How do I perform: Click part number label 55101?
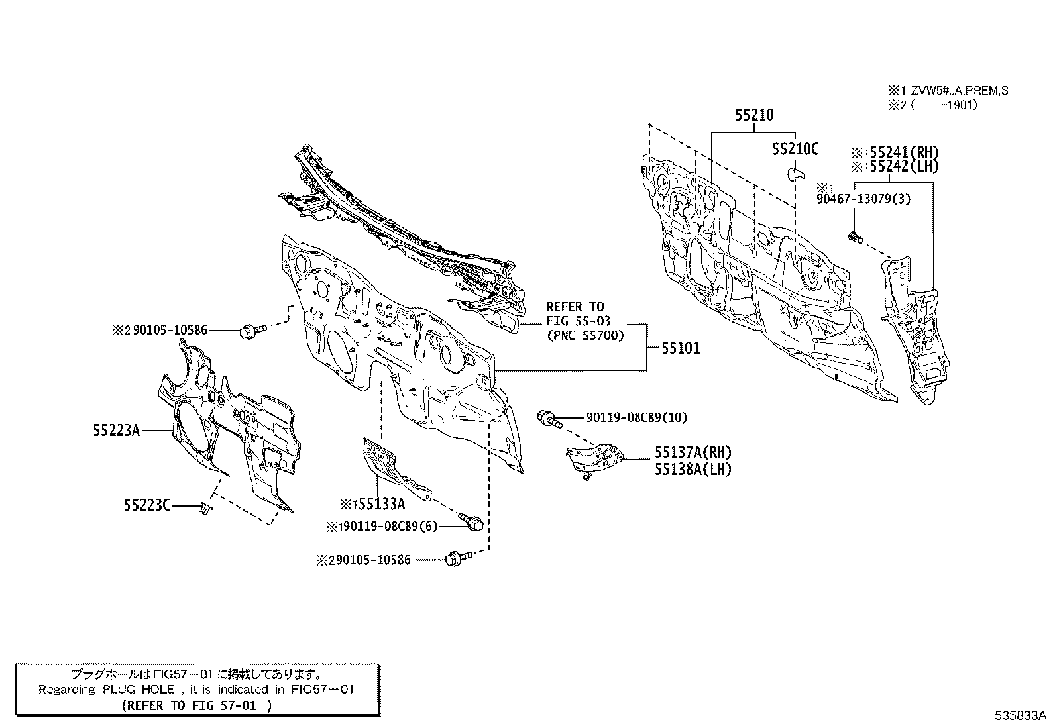pyautogui.click(x=680, y=348)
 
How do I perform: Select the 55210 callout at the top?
pyautogui.click(x=753, y=115)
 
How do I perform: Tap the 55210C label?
pyautogui.click(x=795, y=150)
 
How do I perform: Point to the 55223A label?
pyautogui.click(x=116, y=431)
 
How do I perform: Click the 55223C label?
pyautogui.click(x=146, y=506)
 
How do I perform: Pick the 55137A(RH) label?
pyautogui.click(x=693, y=452)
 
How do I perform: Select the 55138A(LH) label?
pyautogui.click(x=693, y=470)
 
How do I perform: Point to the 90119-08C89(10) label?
pyautogui.click(x=636, y=417)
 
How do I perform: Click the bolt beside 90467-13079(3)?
pyautogui.click(x=855, y=236)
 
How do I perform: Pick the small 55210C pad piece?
pyautogui.click(x=795, y=174)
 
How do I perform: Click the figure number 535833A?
pyautogui.click(x=1019, y=715)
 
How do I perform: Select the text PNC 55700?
pyautogui.click(x=585, y=336)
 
